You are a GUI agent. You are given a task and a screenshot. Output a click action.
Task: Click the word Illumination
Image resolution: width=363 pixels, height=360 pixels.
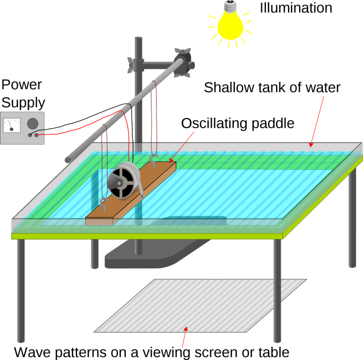296,8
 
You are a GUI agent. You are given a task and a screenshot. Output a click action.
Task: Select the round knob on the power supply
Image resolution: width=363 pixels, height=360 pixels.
33,122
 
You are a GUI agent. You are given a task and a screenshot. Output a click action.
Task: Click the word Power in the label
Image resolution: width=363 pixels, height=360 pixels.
21,85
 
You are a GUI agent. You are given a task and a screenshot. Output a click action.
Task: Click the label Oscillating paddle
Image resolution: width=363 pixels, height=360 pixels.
237,123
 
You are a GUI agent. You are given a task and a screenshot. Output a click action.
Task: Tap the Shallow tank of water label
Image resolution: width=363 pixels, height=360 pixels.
272,88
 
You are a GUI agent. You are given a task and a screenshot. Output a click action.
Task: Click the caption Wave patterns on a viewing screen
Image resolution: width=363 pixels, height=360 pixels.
151,351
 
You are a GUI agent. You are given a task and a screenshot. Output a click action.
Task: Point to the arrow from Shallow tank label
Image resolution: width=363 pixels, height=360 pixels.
317,120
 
